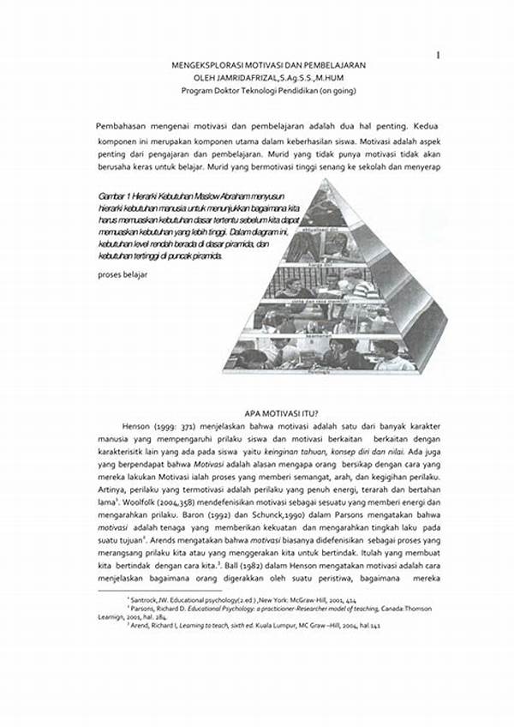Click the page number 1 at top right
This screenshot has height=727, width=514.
pos(438,56)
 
